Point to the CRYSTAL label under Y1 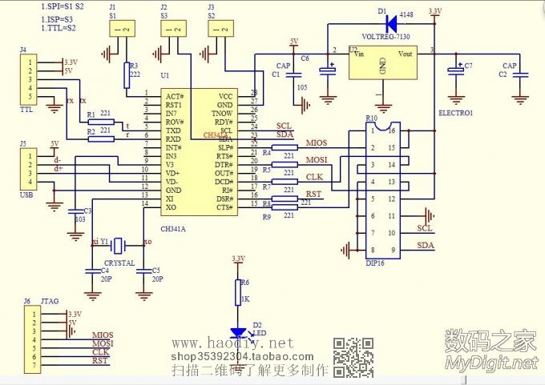click(x=119, y=263)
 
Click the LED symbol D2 click(x=238, y=331)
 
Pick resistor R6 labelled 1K click(x=238, y=294)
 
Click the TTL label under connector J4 click(x=26, y=110)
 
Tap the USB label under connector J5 click(x=26, y=195)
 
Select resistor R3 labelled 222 click(x=127, y=75)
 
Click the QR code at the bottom click(x=352, y=357)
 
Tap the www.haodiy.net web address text click(x=233, y=343)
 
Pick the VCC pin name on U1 click(x=225, y=95)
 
